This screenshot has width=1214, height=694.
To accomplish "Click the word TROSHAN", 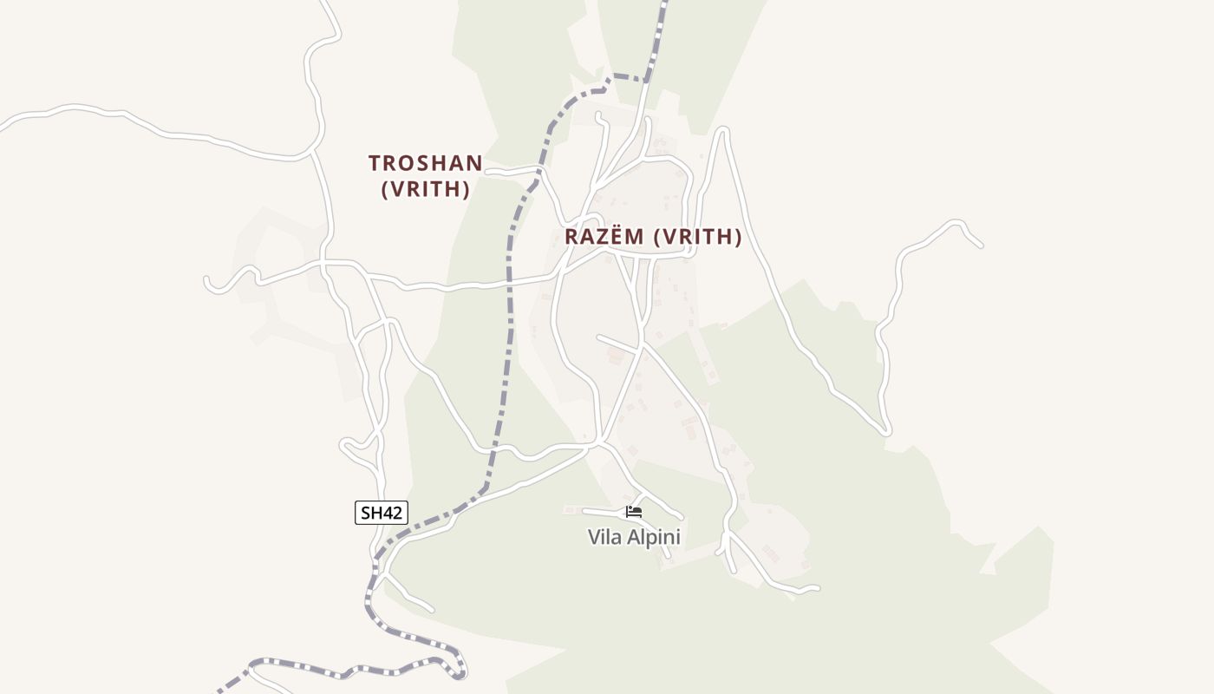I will pyautogui.click(x=425, y=163).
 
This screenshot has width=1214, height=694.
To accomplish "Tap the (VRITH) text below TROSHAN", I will pyautogui.click(x=426, y=189).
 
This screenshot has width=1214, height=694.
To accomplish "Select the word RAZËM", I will pyautogui.click(x=604, y=237).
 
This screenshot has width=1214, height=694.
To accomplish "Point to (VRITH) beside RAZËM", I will pyautogui.click(x=698, y=237).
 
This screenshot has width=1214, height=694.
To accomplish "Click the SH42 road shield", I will pyautogui.click(x=382, y=512).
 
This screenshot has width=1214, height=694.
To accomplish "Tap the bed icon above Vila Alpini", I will pyautogui.click(x=634, y=512).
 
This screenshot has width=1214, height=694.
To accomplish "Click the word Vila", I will pyautogui.click(x=605, y=538).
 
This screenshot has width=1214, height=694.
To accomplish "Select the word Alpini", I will pyautogui.click(x=654, y=538).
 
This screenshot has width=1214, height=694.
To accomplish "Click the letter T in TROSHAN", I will pyautogui.click(x=375, y=163).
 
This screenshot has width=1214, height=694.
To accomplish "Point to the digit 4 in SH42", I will pyautogui.click(x=389, y=512).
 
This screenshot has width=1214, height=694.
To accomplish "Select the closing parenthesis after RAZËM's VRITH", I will pyautogui.click(x=738, y=237).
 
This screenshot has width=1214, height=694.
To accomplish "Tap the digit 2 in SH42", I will pyautogui.click(x=398, y=512).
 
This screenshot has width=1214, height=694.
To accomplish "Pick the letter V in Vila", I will pyautogui.click(x=595, y=538).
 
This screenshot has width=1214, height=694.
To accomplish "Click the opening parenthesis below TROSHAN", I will pyautogui.click(x=385, y=189).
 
